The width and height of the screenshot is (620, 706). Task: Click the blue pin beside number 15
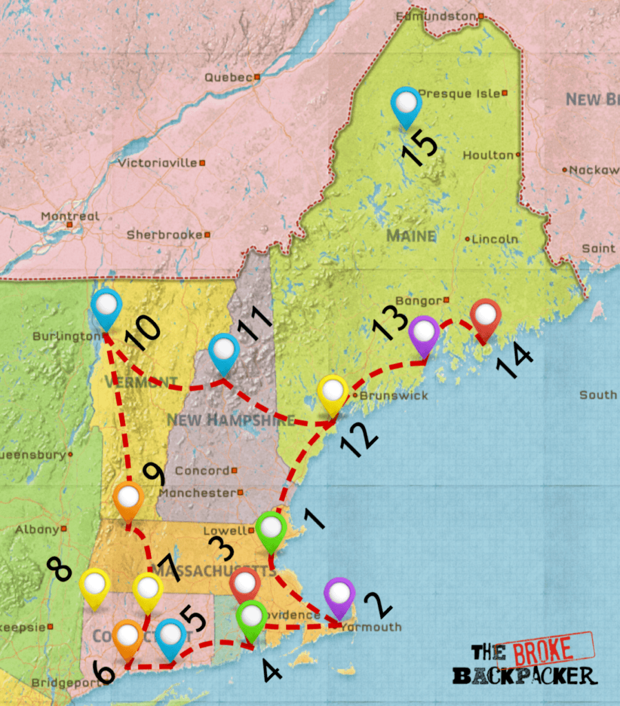point(406,105)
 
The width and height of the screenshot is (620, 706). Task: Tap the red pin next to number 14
point(486,317)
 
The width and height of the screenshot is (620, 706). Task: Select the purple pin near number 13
point(423,334)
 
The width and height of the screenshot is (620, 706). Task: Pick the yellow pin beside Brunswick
point(333,393)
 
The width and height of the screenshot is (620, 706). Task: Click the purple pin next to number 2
point(339,596)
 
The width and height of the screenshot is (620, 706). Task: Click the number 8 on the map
point(59,569)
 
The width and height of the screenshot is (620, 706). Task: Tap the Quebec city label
point(228,77)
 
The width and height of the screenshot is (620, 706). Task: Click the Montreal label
point(70,216)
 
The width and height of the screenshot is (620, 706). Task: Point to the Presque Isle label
point(459,93)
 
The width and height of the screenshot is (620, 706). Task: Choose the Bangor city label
point(428,301)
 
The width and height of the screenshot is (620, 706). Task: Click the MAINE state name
point(411,236)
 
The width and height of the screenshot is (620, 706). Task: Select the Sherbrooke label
point(164,234)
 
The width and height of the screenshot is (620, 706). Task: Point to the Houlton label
point(488,155)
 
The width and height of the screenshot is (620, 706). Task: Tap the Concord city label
point(202,471)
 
